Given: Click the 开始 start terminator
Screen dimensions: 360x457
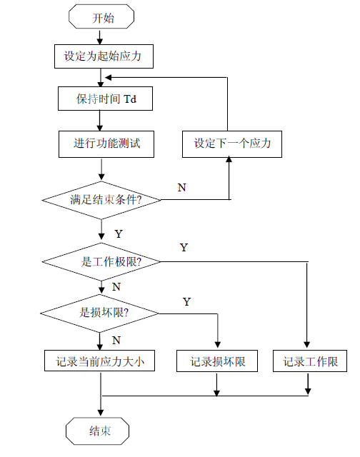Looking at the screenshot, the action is [x=101, y=16].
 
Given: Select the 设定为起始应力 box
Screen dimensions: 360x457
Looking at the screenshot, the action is [x=104, y=56].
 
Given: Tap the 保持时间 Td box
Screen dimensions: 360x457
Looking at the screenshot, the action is [x=105, y=99].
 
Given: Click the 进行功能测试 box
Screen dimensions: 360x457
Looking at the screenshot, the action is [x=106, y=144].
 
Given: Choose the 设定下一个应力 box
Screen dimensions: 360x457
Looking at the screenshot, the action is [x=232, y=144].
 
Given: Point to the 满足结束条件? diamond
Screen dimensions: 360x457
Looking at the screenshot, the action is [x=101, y=200].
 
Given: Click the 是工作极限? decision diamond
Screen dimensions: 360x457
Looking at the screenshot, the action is [x=101, y=262].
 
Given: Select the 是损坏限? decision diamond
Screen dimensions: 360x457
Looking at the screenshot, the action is [x=100, y=313].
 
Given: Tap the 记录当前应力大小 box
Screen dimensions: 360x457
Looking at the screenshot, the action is [x=99, y=361].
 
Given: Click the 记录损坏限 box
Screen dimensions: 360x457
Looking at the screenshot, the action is [x=217, y=361].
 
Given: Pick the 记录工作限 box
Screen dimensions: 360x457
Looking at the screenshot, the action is [x=310, y=361].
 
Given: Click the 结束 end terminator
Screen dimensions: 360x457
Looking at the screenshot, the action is [x=97, y=431].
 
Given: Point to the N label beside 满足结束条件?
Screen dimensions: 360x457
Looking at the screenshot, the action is [x=182, y=187].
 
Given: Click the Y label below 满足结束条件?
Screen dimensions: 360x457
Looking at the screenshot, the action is [x=119, y=233].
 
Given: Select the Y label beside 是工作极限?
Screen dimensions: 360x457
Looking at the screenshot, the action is [x=184, y=248].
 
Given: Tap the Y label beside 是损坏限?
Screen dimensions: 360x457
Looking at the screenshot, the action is [x=187, y=301].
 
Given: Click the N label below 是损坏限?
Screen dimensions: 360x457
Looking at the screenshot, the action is [x=116, y=340].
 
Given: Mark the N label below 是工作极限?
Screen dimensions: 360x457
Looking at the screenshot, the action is [x=116, y=287].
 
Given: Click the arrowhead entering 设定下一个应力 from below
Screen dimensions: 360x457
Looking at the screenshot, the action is [x=229, y=159].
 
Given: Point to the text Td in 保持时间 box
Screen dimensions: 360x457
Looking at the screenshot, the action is [x=130, y=99].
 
